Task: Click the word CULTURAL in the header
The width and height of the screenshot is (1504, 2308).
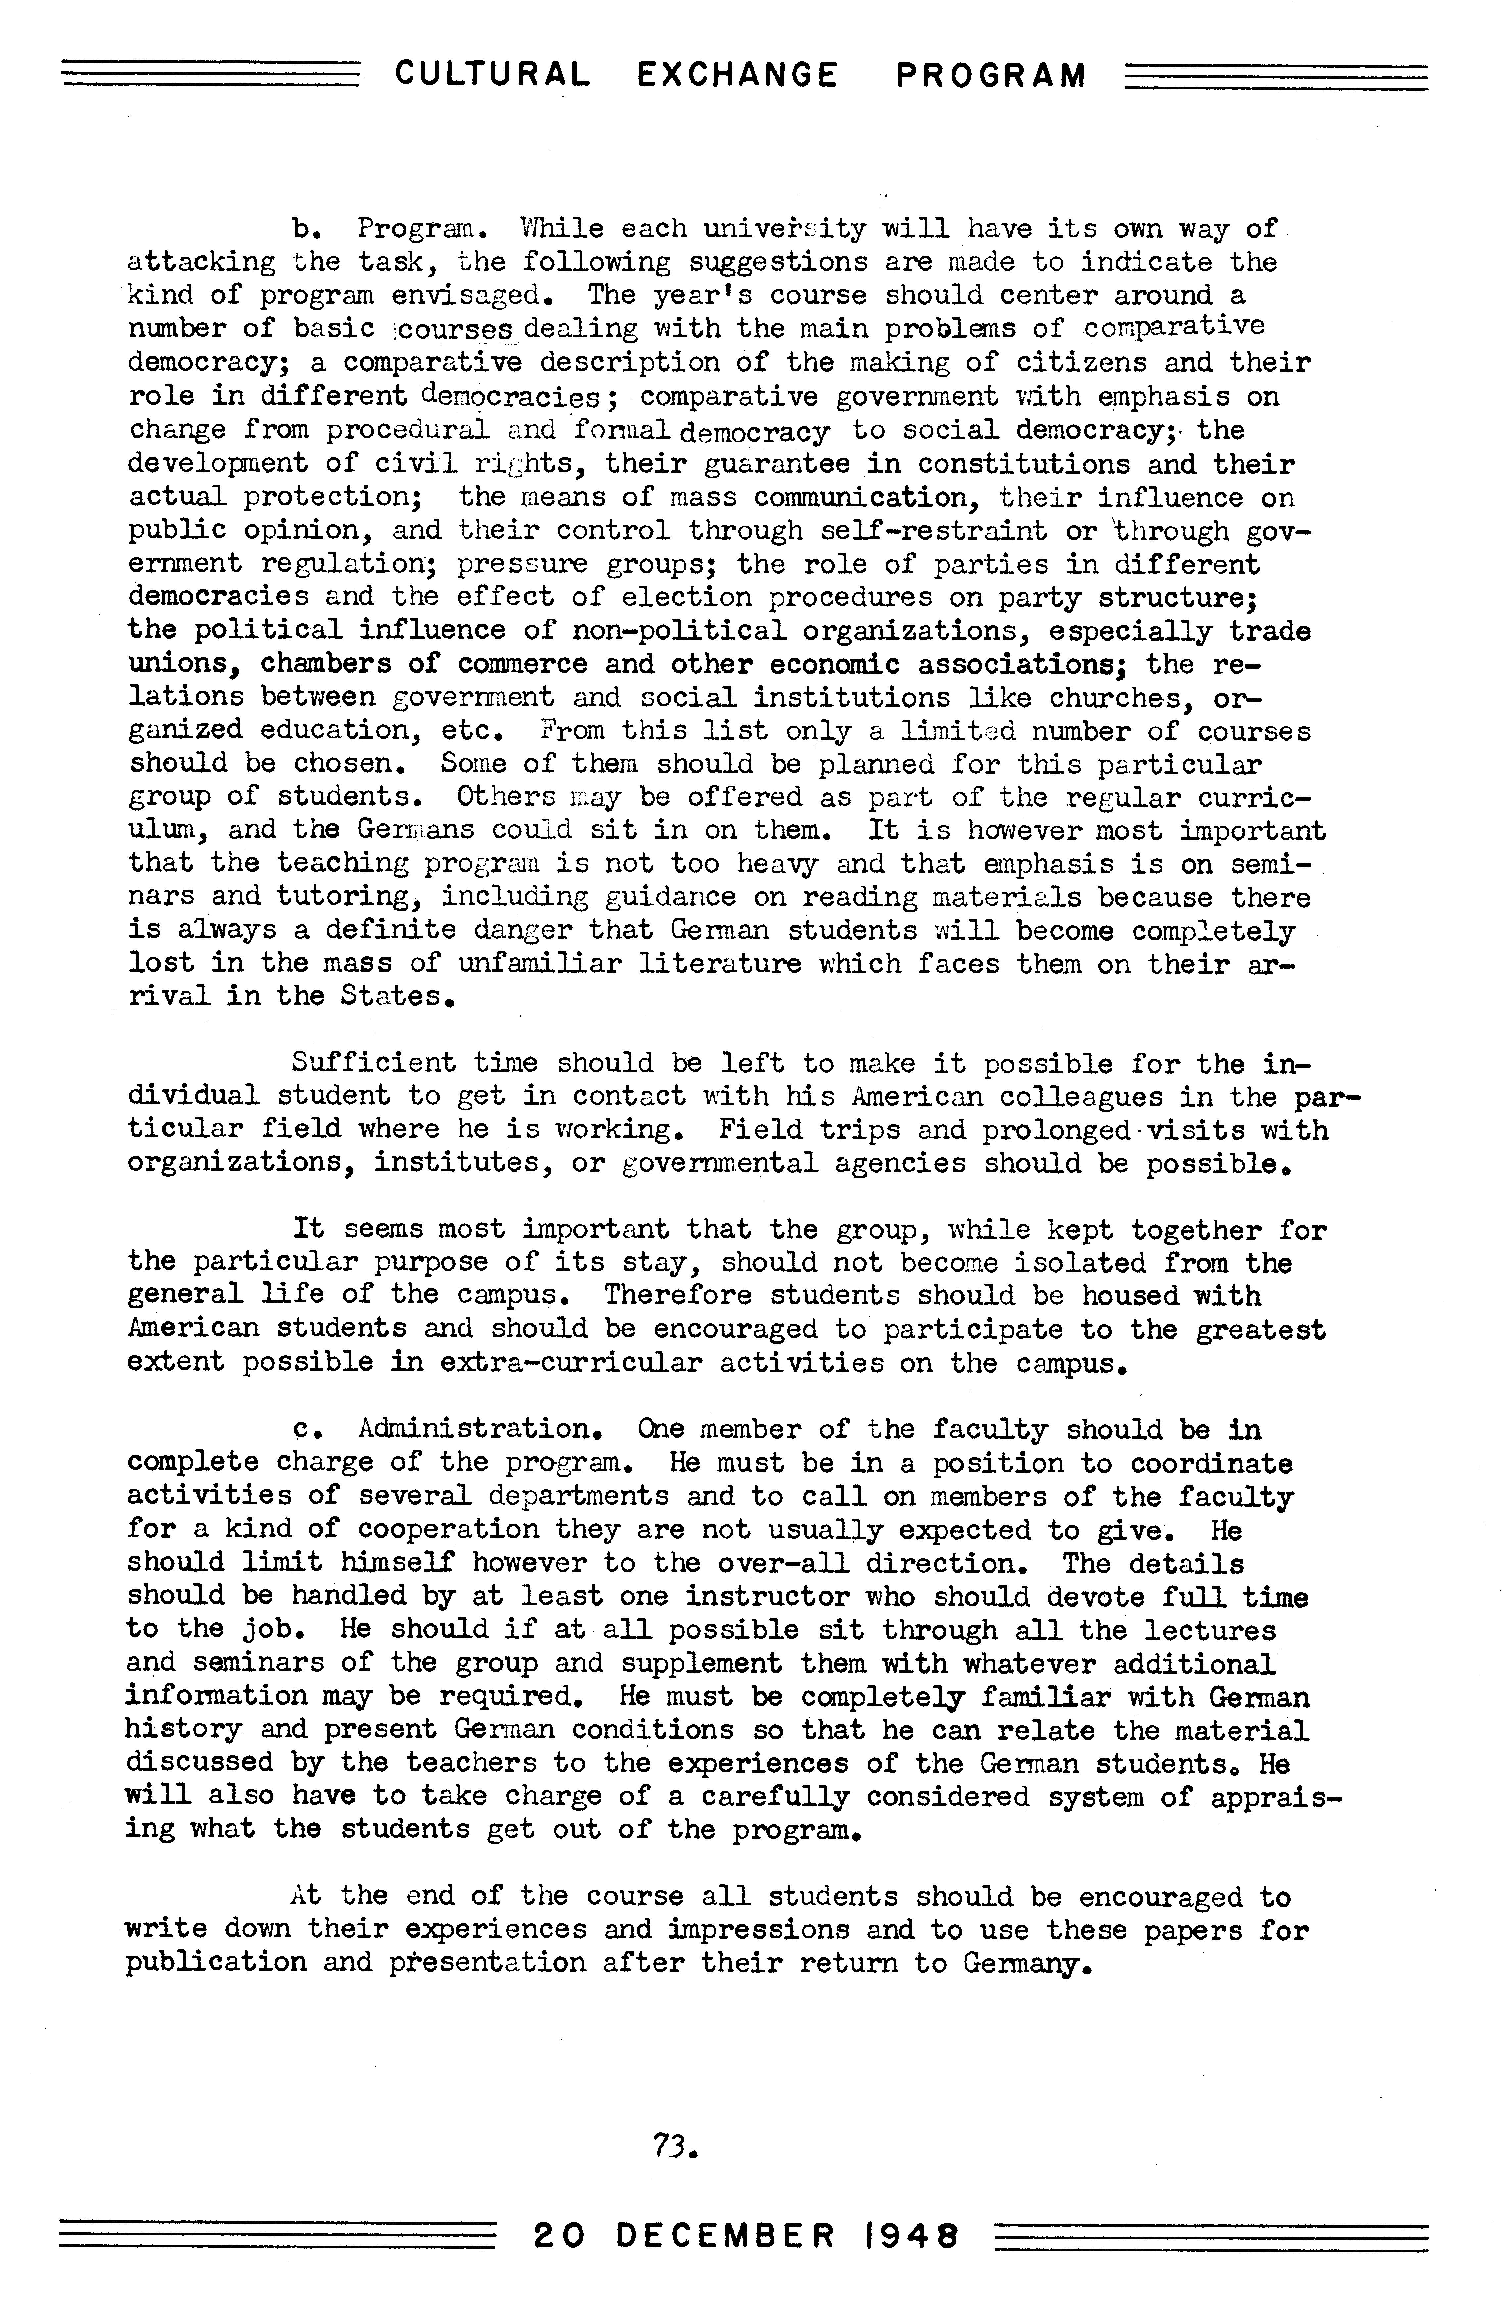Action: tap(492, 75)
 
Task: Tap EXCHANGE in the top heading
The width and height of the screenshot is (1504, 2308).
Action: tap(738, 75)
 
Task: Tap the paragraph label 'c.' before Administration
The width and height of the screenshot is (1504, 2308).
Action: tap(307, 1430)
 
